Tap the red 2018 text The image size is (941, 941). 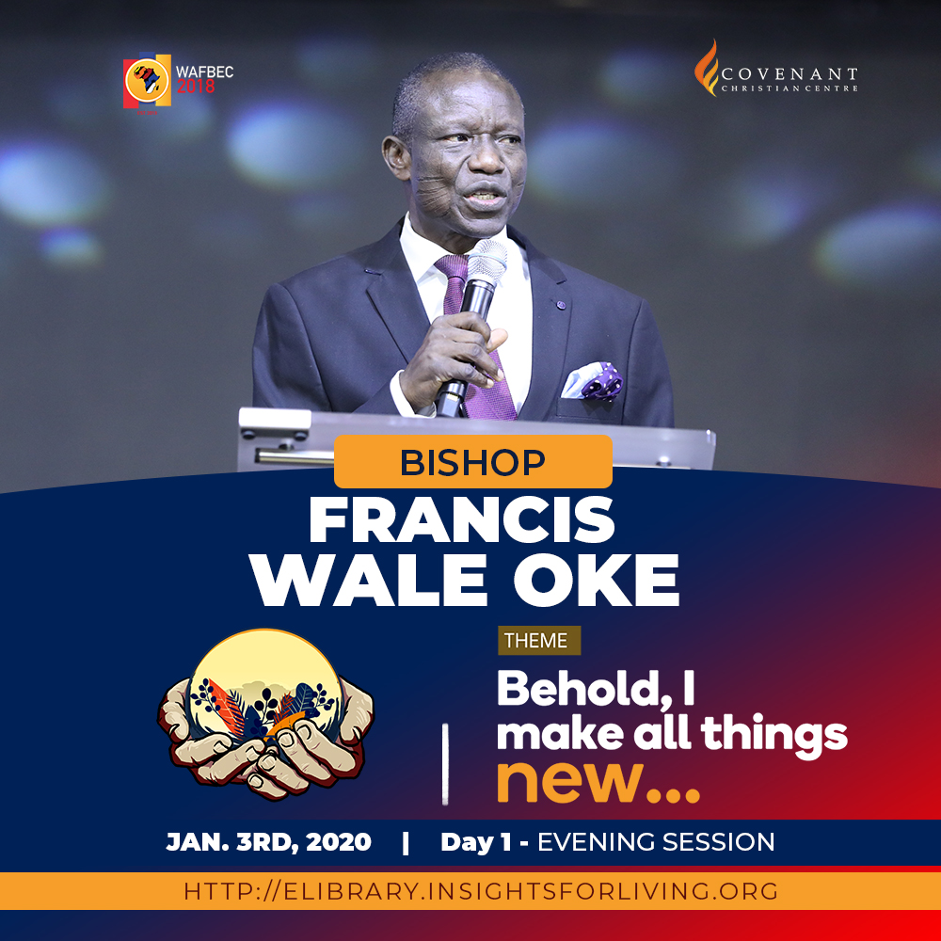(x=196, y=87)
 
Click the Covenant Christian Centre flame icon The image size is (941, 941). (x=707, y=68)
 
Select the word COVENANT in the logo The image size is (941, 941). (x=789, y=74)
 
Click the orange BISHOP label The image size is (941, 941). (x=473, y=461)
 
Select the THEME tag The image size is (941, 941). (x=539, y=640)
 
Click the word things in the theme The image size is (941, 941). (x=774, y=735)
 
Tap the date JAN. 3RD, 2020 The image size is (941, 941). (x=268, y=842)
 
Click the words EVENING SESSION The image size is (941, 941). (x=656, y=842)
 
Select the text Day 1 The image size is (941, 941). (x=476, y=842)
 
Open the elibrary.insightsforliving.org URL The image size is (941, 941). (x=481, y=891)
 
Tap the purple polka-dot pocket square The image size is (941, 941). (x=592, y=380)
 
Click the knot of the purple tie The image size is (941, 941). (x=452, y=267)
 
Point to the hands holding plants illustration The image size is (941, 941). (x=265, y=714)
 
